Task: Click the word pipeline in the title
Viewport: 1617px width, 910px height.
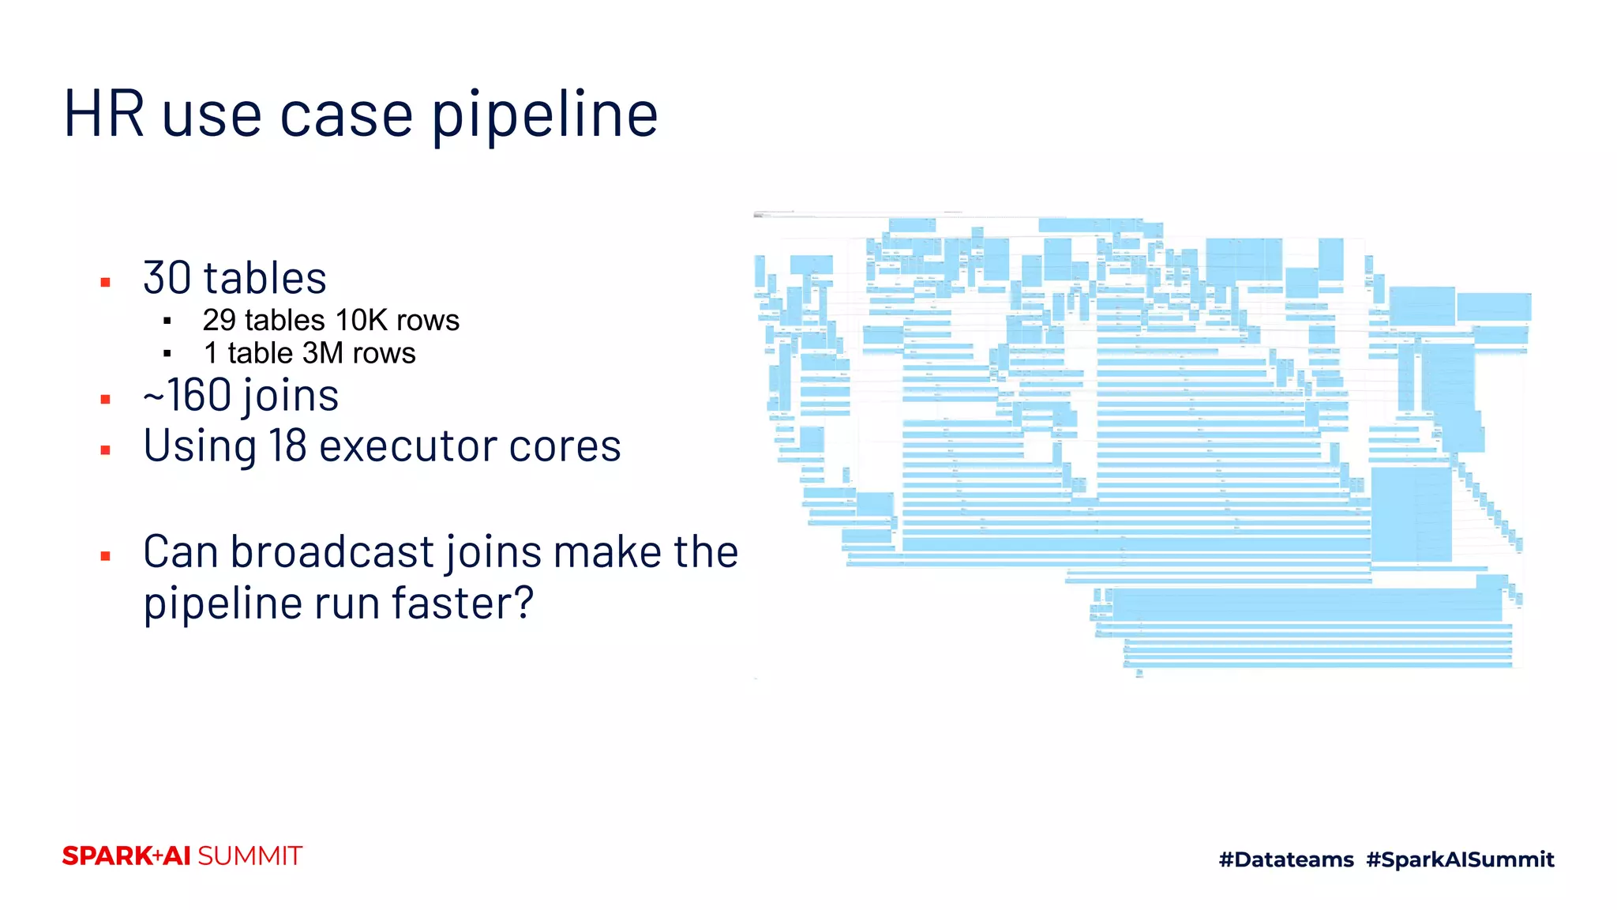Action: (x=545, y=115)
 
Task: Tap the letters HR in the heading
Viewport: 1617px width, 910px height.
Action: (x=103, y=114)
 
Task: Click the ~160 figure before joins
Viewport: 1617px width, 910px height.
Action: (x=187, y=395)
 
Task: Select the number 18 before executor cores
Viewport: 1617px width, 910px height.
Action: (x=287, y=446)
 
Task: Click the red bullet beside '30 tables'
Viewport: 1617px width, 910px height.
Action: (x=106, y=282)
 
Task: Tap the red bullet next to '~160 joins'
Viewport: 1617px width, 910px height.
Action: (x=106, y=400)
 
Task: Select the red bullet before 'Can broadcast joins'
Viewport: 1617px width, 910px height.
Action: (x=106, y=557)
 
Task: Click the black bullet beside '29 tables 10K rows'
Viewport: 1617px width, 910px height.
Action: (x=167, y=321)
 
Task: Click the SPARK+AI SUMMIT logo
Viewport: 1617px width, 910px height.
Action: (x=182, y=856)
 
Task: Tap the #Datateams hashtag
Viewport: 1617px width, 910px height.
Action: (x=1286, y=859)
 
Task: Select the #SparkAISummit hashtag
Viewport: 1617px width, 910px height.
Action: (x=1460, y=859)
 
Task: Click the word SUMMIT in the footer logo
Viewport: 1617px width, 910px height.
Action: (x=249, y=856)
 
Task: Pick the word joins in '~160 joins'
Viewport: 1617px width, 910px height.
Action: (x=291, y=395)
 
